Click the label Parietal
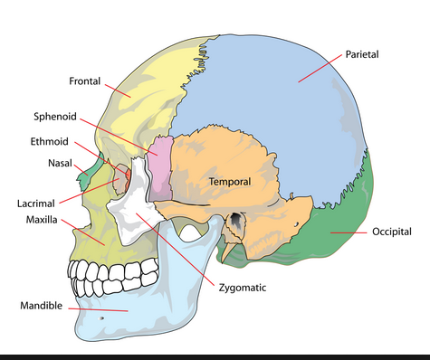click(362, 54)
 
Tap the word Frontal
click(85, 81)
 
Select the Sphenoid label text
click(55, 117)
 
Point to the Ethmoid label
click(50, 141)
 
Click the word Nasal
click(60, 164)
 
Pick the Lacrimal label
click(36, 204)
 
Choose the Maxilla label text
click(42, 220)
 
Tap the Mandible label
click(42, 306)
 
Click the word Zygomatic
click(243, 288)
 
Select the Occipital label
click(392, 232)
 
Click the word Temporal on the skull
click(230, 182)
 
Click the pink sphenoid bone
click(160, 168)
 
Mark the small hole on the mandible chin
click(102, 318)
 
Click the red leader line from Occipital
click(349, 232)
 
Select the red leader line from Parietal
click(320, 68)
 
